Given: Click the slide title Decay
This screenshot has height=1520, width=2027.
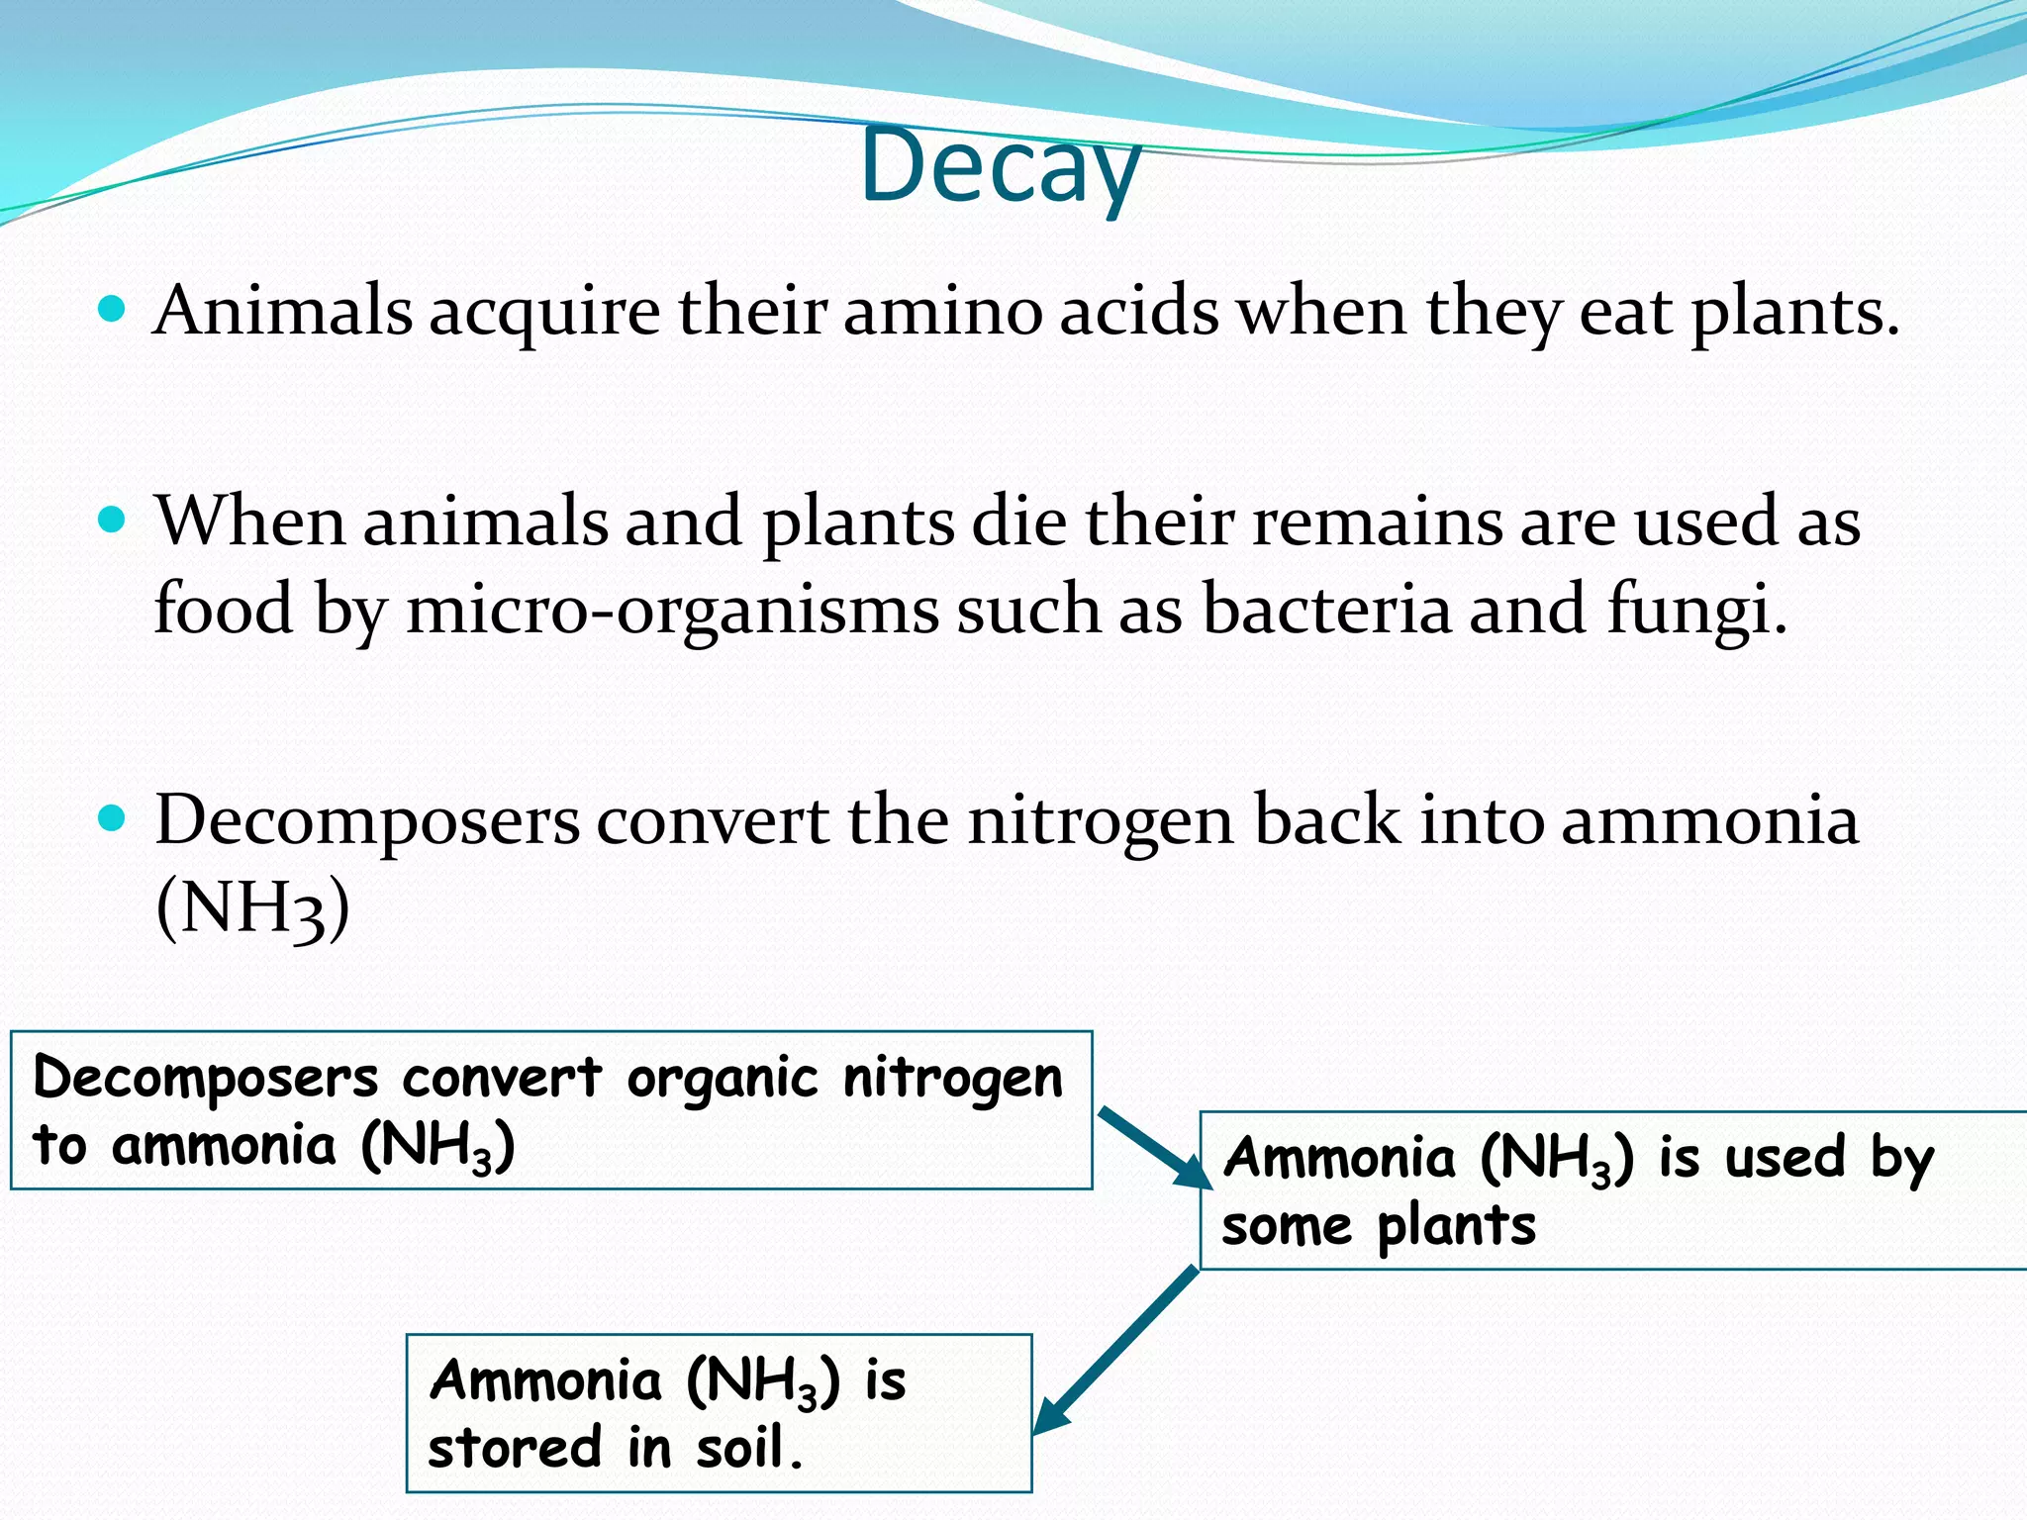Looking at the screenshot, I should tap(1001, 166).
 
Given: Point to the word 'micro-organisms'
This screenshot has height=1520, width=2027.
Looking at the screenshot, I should tap(672, 610).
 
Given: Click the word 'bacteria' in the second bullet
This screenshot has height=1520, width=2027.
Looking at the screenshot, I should tap(1326, 610).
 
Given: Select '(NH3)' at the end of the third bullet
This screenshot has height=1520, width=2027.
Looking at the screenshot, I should tap(253, 907).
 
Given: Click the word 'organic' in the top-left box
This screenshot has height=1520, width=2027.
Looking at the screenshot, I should tap(723, 1078).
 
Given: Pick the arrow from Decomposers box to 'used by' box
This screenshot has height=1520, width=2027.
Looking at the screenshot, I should tap(1154, 1148).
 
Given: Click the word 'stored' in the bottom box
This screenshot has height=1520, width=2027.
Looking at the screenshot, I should tap(515, 1448).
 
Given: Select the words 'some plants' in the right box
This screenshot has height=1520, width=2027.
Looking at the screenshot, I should tap(1379, 1227).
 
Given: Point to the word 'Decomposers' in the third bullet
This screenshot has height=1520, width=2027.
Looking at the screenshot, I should tap(367, 820).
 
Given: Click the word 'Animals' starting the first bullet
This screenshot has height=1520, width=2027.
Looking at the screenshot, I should tap(283, 312).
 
